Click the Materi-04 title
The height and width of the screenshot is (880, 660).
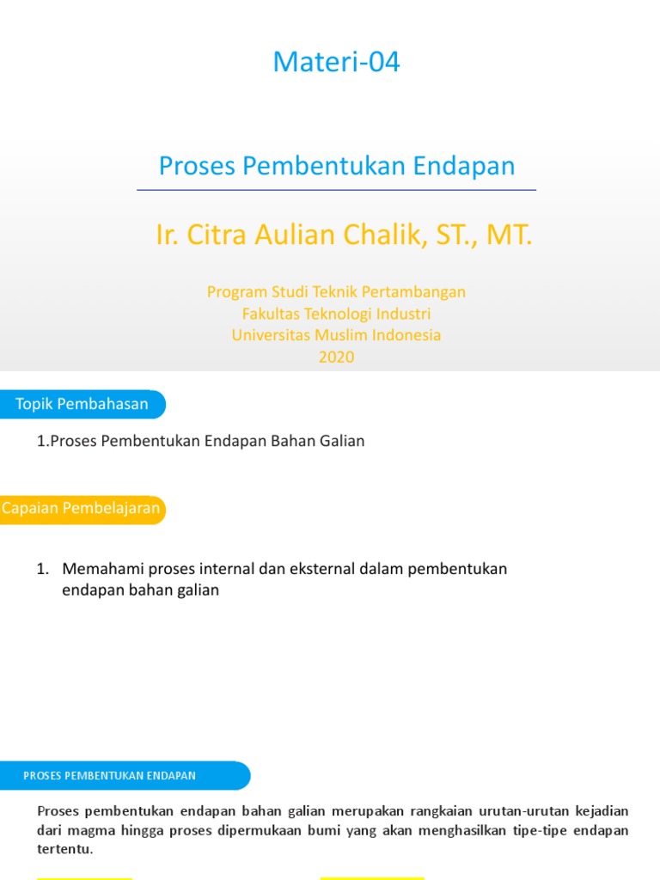coord(336,63)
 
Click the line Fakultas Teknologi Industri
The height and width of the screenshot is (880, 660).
coord(336,314)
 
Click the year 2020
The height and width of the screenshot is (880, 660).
coord(336,357)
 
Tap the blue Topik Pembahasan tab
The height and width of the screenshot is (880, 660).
coord(82,404)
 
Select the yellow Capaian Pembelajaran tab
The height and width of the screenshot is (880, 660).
coord(82,508)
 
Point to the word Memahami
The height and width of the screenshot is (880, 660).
coord(102,569)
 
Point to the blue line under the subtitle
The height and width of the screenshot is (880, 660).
coord(336,189)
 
